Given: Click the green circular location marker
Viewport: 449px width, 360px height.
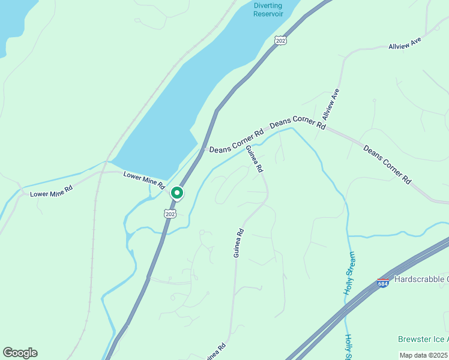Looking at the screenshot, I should pyautogui.click(x=177, y=193).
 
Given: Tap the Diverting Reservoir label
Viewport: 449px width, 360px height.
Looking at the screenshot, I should pyautogui.click(x=268, y=10).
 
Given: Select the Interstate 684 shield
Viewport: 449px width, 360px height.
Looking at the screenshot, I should pyautogui.click(x=383, y=283).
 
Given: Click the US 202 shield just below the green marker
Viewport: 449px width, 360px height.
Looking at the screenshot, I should pyautogui.click(x=170, y=214).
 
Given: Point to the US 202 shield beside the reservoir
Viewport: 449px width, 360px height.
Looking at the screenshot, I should pyautogui.click(x=280, y=40).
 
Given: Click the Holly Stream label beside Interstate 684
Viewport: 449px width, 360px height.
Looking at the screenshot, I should pyautogui.click(x=350, y=273).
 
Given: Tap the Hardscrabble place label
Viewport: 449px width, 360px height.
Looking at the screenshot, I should pyautogui.click(x=421, y=280).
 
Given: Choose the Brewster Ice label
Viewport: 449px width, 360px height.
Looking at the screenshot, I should pyautogui.click(x=423, y=340).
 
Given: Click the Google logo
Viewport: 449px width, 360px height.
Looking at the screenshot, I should pyautogui.click(x=20, y=353).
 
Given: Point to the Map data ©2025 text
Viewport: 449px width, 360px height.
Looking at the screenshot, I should pyautogui.click(x=423, y=355).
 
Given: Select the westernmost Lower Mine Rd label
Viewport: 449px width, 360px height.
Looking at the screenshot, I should pyautogui.click(x=52, y=191).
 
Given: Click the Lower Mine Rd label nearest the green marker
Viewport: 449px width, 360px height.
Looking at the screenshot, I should pyautogui.click(x=144, y=180).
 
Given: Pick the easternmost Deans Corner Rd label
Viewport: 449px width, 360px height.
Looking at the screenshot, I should pyautogui.click(x=388, y=164).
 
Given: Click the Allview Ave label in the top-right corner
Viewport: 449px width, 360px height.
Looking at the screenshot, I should pyautogui.click(x=405, y=43).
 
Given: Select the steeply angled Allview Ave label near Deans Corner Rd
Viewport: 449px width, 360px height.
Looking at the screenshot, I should pyautogui.click(x=331, y=103).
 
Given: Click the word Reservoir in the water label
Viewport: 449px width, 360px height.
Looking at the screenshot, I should pyautogui.click(x=268, y=14).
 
